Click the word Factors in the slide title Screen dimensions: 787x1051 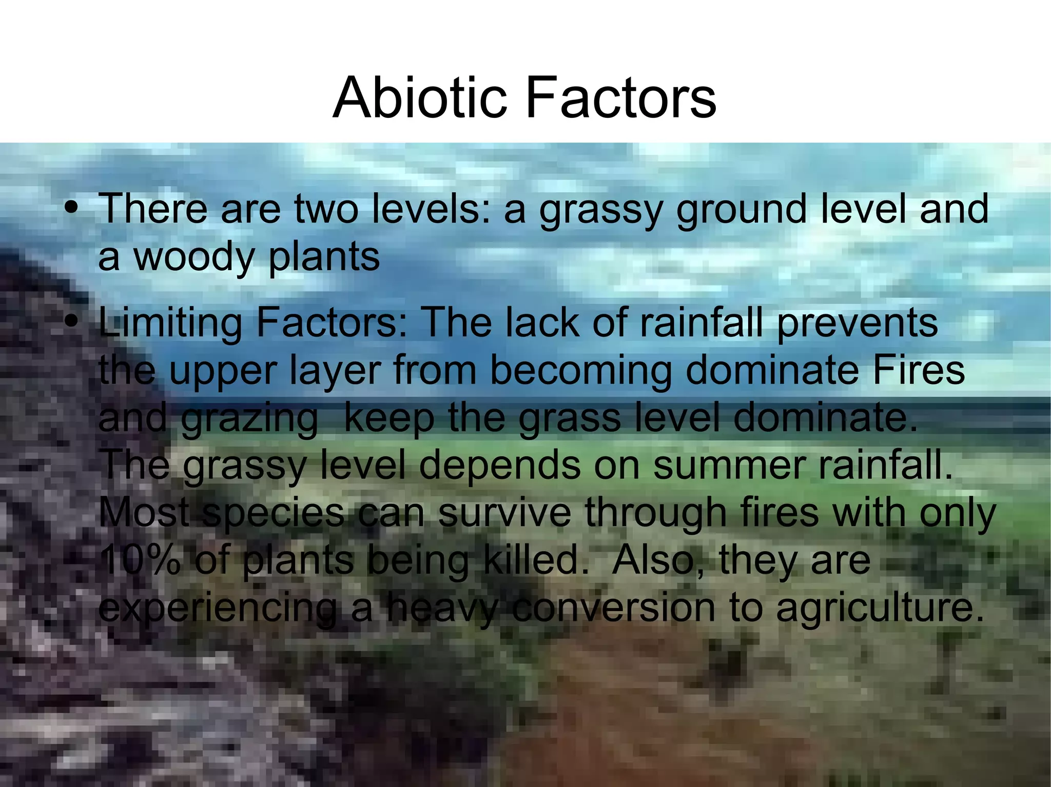621,97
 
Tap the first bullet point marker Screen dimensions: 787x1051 72,208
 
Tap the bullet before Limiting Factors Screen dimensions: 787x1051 72,321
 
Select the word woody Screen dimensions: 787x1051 193,256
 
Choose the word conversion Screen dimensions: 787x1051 614,607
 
